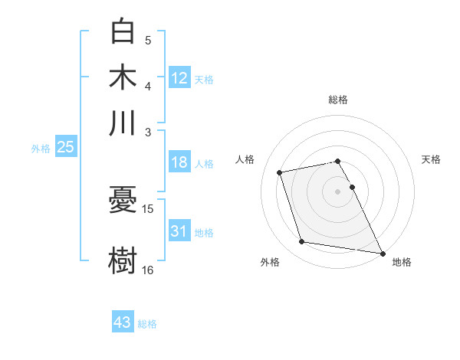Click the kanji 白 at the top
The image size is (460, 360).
123,31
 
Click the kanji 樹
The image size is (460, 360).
123,259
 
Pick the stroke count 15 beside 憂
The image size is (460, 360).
148,208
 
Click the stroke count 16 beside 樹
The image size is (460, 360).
148,269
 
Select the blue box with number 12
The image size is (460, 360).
179,77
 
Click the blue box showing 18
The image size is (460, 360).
179,162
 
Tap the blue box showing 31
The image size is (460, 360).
179,231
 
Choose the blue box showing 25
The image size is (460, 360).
66,147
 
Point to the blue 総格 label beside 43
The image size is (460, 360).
147,324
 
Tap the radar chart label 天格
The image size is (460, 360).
432,159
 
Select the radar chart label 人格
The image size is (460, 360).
245,159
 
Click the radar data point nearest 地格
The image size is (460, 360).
381,253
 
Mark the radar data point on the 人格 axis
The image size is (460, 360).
280,172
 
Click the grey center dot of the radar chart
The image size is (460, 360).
338,191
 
